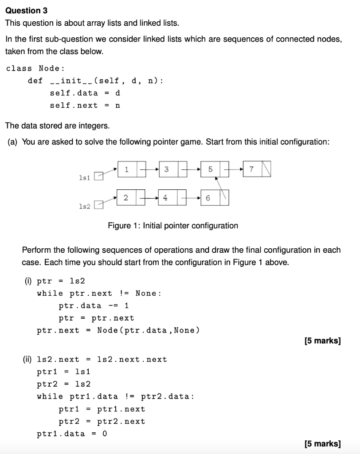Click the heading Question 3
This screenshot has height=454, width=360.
pyautogui.click(x=26, y=10)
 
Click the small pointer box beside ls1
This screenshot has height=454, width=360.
pyautogui.click(x=99, y=176)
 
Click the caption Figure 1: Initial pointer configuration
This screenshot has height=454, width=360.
pyautogui.click(x=173, y=226)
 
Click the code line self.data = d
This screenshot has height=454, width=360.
pyautogui.click(x=85, y=93)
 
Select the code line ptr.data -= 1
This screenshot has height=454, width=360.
pyautogui.click(x=94, y=305)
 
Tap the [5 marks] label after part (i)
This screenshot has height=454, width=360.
pyautogui.click(x=323, y=341)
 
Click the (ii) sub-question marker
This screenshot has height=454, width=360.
pyautogui.click(x=27, y=360)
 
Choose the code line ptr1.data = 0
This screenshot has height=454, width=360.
pyautogui.click(x=72, y=434)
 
